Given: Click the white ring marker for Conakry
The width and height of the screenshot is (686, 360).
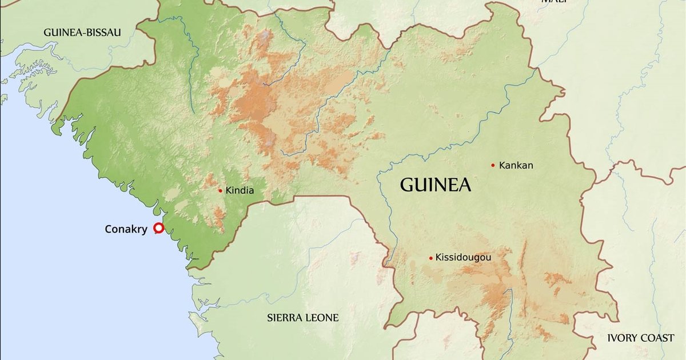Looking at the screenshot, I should coord(159,229).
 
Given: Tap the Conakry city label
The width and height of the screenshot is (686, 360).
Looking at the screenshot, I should coord(126,229).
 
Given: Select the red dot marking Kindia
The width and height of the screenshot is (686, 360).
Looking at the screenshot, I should coord(220,191).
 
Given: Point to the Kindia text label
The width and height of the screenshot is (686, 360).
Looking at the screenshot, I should coord(240,191).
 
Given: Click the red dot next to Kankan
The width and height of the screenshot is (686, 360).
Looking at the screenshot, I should coord(493,166).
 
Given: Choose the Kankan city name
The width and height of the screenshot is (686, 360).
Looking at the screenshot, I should coord(516,166).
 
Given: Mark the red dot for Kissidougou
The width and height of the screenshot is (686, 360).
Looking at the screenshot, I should coord(430,258).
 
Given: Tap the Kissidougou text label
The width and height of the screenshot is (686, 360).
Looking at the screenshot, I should coord(463,258).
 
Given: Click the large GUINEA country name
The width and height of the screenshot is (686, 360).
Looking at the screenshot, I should coord(435,185).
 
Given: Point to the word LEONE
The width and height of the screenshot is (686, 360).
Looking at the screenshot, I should coord(322,318).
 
